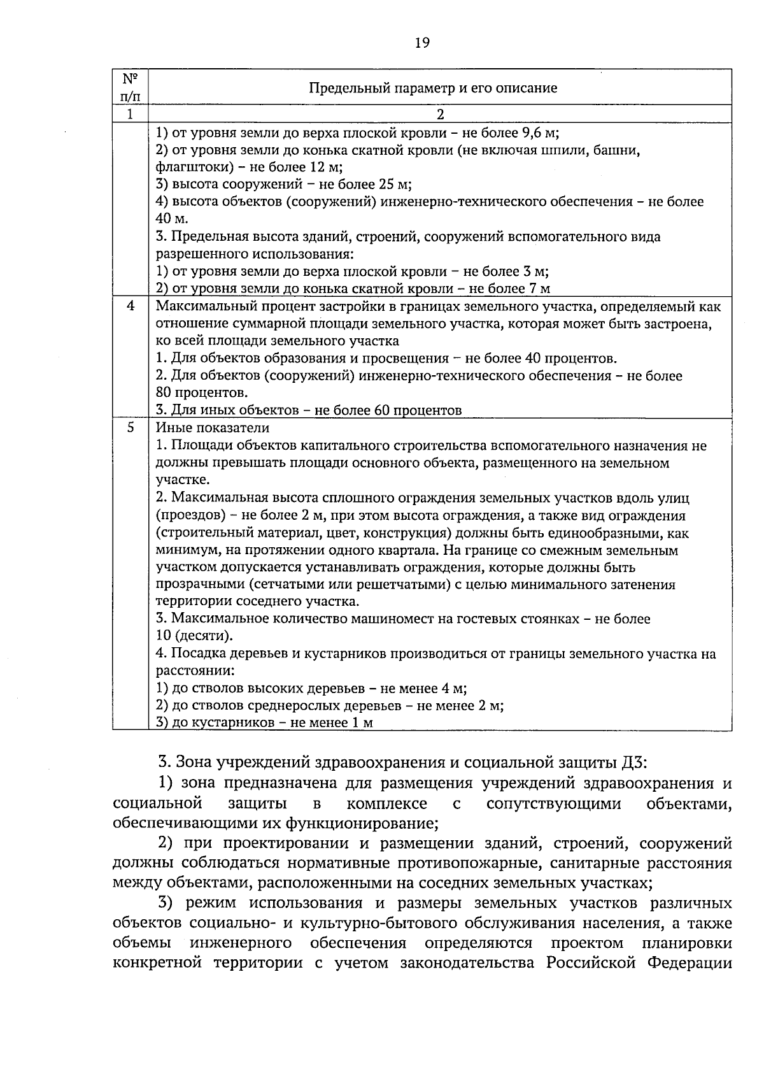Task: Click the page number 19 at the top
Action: pyautogui.click(x=422, y=43)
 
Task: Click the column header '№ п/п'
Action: pyautogui.click(x=130, y=87)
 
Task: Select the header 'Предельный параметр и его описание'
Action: pyautogui.click(x=433, y=88)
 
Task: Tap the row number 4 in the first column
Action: pyautogui.click(x=130, y=306)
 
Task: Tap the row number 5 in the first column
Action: pyautogui.click(x=130, y=427)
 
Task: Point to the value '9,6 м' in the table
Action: pyautogui.click(x=539, y=133)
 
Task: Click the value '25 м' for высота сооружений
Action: pyautogui.click(x=395, y=185)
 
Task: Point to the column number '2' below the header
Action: pyautogui.click(x=439, y=115)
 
